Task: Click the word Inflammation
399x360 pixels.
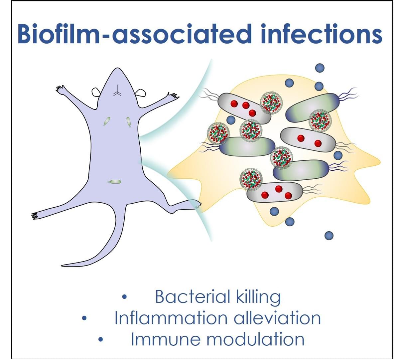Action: click(171, 318)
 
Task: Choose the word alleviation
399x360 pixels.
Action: click(277, 318)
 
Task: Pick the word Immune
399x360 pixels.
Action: click(166, 339)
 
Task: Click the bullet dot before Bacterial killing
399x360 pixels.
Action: click(124, 297)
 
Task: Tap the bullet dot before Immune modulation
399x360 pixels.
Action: click(101, 339)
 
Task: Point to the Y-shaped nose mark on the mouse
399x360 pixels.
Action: click(118, 91)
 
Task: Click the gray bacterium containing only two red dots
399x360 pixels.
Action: click(308, 140)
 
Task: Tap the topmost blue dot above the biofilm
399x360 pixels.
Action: click(320, 68)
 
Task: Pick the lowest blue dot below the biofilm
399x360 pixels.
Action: click(329, 236)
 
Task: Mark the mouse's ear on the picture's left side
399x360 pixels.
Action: click(96, 92)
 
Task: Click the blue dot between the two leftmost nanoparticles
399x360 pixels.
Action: click(231, 120)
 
